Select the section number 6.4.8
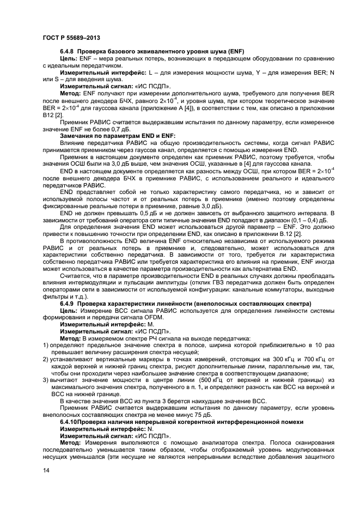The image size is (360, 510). click(68, 51)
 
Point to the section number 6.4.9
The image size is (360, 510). click(68, 303)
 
